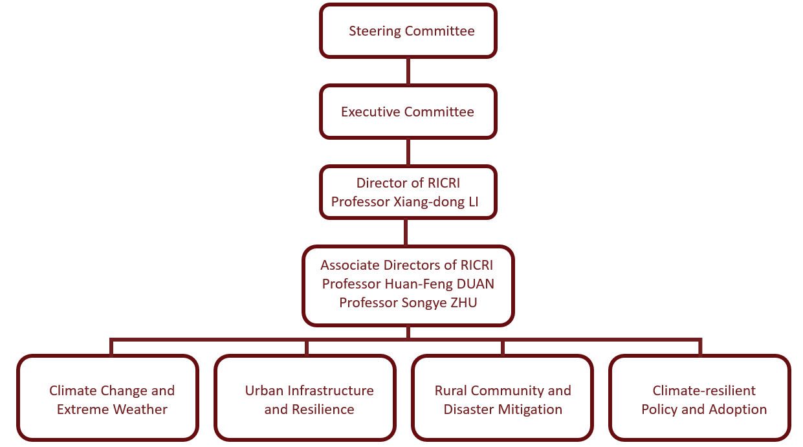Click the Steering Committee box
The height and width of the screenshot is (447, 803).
408,30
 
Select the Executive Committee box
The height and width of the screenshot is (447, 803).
408,111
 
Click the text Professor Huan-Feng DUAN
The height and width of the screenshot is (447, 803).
408,283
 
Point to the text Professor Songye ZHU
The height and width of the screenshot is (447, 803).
408,302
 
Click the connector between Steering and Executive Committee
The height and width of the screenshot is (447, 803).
408,71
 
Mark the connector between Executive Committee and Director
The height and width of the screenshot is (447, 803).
408,152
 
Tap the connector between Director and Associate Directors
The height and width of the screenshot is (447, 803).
406,232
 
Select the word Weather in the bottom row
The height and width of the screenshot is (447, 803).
140,409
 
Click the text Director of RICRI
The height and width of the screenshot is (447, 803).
408,183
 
